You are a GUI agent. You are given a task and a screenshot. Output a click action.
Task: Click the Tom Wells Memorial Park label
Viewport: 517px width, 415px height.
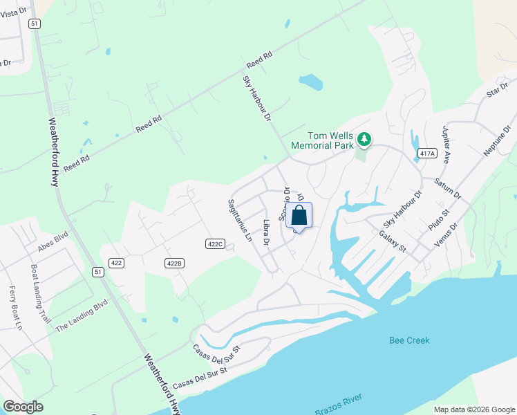(321, 140)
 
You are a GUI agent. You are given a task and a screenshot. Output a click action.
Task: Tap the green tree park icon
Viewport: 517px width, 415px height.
(364, 140)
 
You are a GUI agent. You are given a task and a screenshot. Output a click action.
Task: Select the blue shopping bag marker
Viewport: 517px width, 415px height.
(299, 216)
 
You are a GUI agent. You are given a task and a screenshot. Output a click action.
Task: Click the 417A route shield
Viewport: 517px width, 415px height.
(427, 154)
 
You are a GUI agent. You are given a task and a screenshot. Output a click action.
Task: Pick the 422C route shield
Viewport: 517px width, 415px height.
(215, 243)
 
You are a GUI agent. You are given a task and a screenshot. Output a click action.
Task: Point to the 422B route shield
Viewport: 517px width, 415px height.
(174, 263)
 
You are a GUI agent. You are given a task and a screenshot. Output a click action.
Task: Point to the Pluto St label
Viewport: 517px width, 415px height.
(440, 221)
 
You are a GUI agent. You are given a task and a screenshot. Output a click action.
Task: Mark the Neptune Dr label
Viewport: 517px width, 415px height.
(498, 140)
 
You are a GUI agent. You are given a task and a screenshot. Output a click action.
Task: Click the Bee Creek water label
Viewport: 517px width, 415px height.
(409, 340)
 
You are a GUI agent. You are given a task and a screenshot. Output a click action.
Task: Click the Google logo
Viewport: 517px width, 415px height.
(23, 407)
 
